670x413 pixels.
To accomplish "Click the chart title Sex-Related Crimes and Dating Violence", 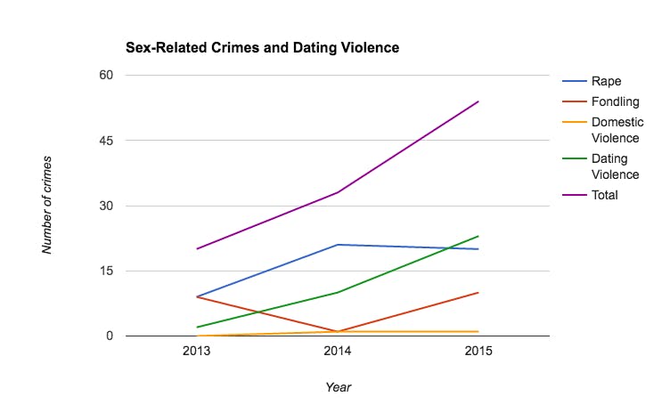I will click(262, 46).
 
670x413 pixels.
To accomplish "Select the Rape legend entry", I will click(606, 81).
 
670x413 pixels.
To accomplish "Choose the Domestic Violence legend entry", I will click(617, 130).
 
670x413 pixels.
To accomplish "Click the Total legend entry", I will click(605, 195).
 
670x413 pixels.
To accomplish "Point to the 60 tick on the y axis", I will click(105, 75).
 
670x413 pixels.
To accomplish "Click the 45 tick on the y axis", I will click(105, 141).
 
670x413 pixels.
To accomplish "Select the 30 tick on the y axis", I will click(105, 206).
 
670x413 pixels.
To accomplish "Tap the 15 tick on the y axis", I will click(105, 271).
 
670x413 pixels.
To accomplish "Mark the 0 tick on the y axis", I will click(109, 336).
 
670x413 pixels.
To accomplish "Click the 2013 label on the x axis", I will click(196, 352).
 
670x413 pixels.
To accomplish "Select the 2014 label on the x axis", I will click(338, 352).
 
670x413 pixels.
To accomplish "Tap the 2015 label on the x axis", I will click(478, 352).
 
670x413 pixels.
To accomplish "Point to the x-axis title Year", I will click(338, 387).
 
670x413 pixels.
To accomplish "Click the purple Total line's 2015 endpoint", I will click(478, 101).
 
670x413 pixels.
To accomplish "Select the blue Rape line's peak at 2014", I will click(338, 245).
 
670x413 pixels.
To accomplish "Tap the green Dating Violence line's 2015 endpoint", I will click(478, 236).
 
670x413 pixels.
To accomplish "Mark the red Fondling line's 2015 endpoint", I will click(478, 293).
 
